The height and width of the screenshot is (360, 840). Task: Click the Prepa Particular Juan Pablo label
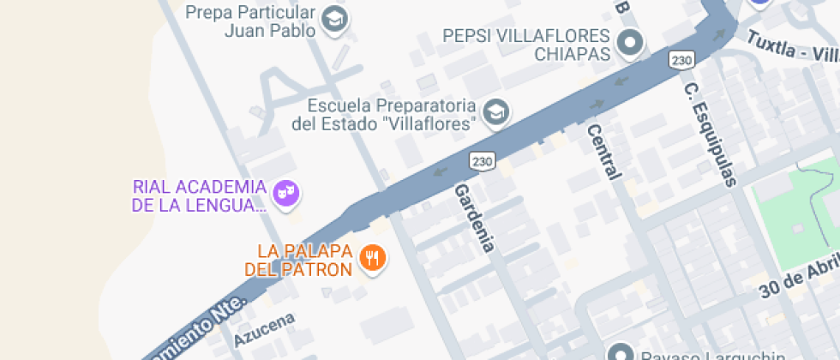tap(250, 21)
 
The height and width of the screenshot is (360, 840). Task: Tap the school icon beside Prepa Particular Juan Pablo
tap(334, 19)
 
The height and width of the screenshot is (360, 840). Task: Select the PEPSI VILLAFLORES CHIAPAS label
tap(526, 45)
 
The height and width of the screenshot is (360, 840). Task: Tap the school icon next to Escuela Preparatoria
tap(495, 111)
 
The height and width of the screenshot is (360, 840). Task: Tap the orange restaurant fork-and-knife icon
tap(372, 258)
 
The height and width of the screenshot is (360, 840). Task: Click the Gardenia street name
tap(475, 218)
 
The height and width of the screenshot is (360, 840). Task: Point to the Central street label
tap(603, 152)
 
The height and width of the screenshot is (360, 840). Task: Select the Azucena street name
tap(264, 330)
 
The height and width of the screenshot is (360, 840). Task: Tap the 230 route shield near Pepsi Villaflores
tap(681, 60)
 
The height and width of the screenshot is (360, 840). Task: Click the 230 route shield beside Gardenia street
tap(483, 160)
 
